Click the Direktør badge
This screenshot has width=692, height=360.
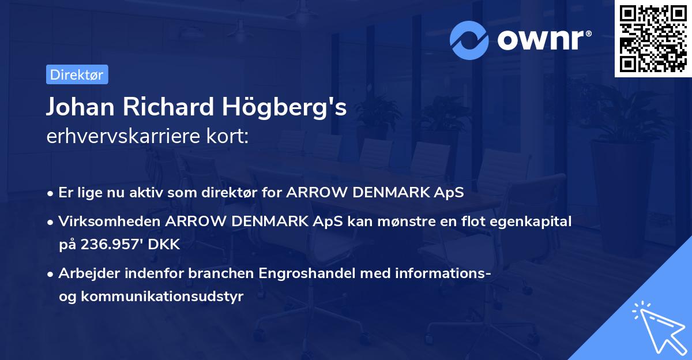(x=77, y=74)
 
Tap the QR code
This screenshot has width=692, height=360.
(x=653, y=39)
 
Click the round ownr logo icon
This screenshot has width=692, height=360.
(x=469, y=40)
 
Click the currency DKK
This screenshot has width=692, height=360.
(x=164, y=245)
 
